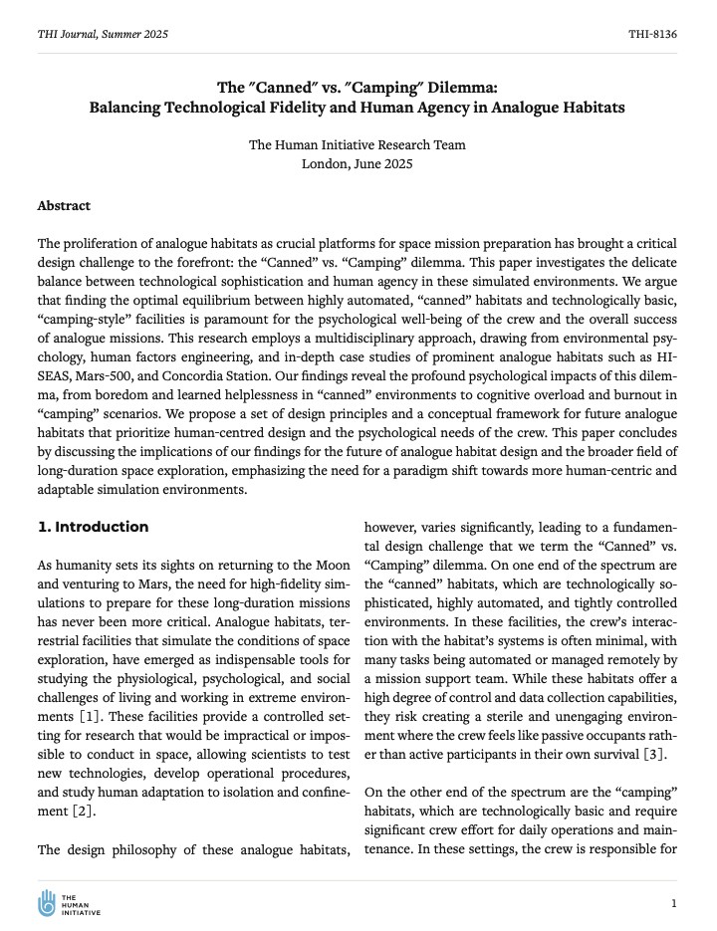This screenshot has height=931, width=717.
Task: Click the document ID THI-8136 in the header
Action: point(652,34)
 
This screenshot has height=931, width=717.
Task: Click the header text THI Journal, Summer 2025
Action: point(103,34)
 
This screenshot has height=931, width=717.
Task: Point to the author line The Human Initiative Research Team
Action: point(357,144)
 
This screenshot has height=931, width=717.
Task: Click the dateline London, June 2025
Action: point(357,163)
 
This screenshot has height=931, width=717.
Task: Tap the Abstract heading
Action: point(64,206)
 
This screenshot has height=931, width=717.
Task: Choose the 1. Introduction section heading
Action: point(93,527)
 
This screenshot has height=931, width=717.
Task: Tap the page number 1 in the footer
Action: point(674,903)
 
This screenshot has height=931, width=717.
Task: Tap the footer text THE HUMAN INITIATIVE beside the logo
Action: point(81,904)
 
